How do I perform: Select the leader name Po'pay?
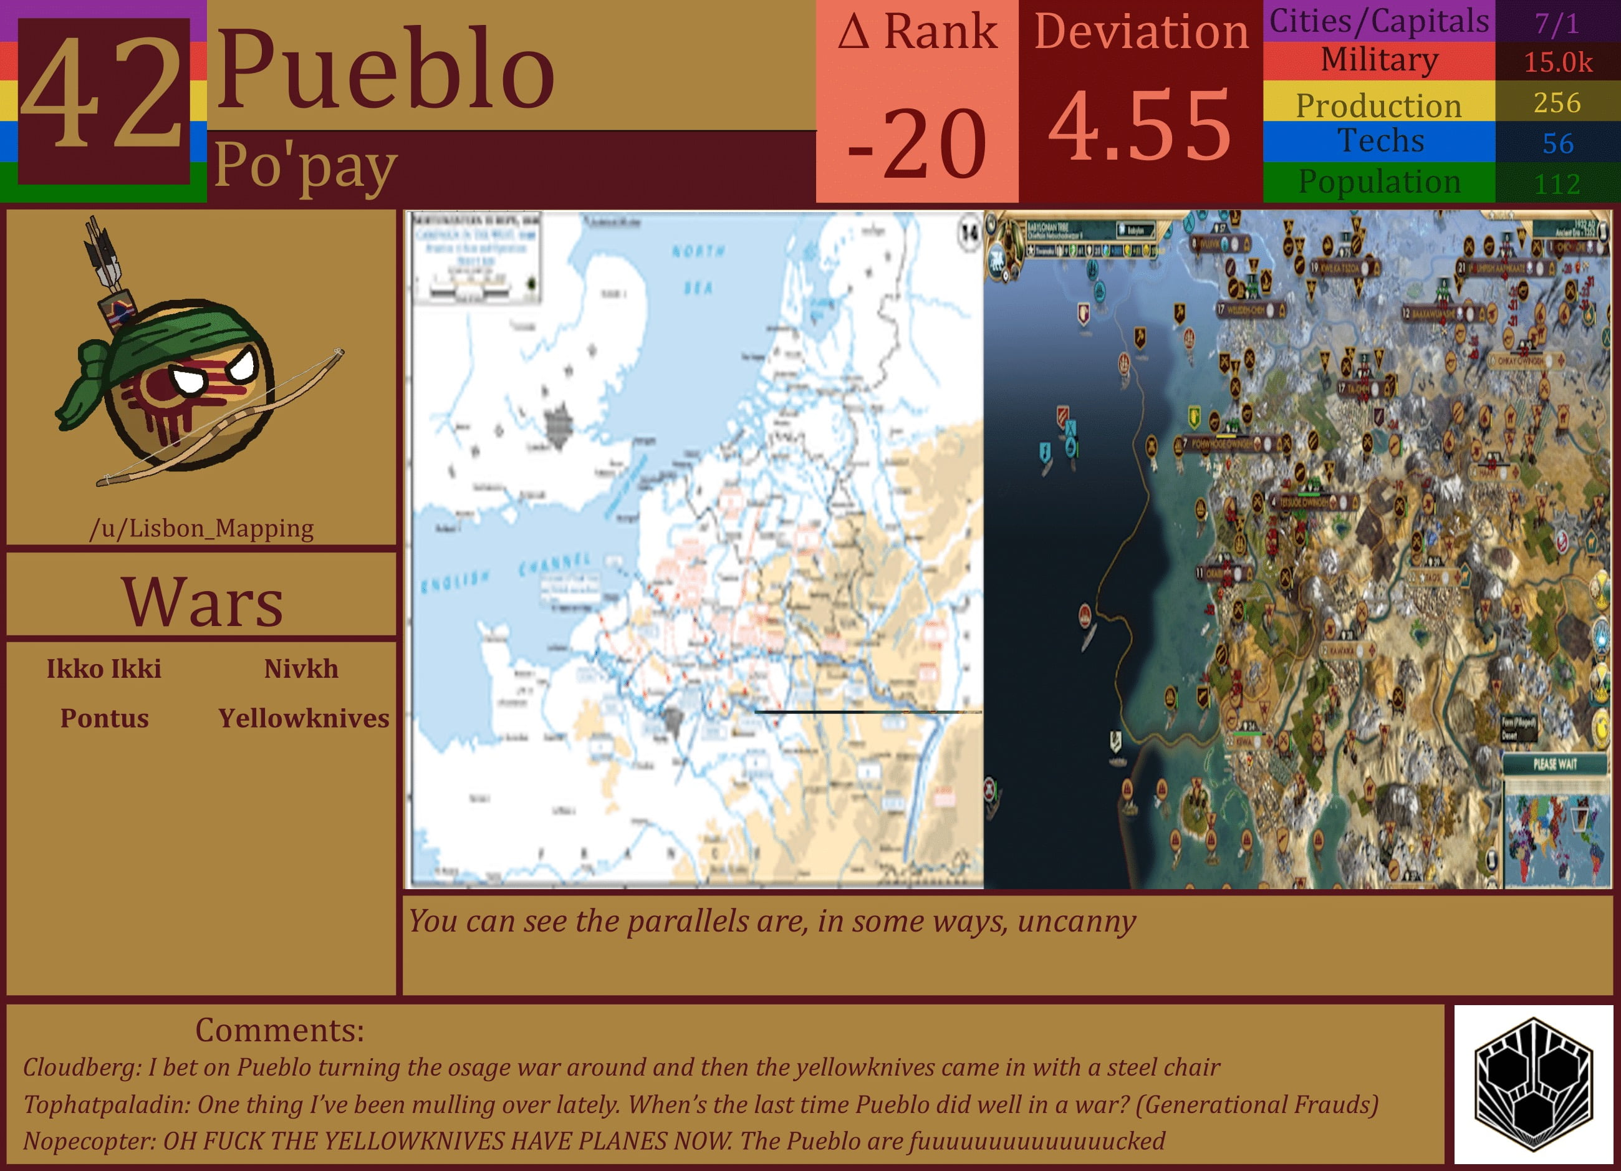tap(305, 166)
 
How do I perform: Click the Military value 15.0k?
tap(1557, 62)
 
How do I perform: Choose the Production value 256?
tap(1557, 103)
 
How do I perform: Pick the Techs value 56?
tap(1557, 143)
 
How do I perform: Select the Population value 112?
tap(1557, 185)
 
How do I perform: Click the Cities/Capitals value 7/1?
tap(1557, 24)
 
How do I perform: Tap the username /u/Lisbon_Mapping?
tap(201, 528)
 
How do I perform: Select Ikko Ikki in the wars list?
tap(104, 668)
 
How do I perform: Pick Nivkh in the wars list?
tap(301, 668)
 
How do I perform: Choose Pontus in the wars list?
tap(104, 718)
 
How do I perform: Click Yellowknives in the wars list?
tap(304, 718)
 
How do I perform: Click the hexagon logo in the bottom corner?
tap(1533, 1084)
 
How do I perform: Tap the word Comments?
tap(279, 1030)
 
